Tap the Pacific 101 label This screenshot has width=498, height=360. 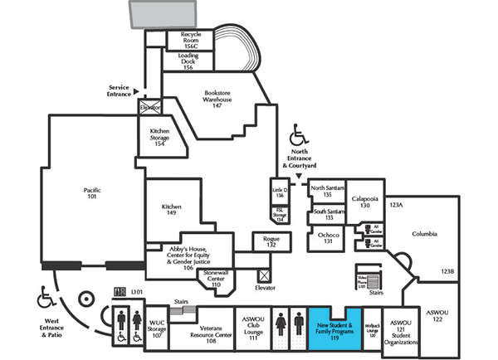click(x=91, y=193)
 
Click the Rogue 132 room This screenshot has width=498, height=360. click(x=271, y=241)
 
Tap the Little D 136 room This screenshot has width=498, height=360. click(x=279, y=192)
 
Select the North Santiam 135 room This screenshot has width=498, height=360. click(x=327, y=191)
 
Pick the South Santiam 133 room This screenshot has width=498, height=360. click(x=327, y=215)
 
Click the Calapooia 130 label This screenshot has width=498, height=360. click(x=364, y=202)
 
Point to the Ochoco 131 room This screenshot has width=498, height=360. click(x=327, y=239)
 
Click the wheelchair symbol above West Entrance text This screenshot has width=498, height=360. click(x=45, y=295)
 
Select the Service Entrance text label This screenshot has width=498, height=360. click(x=120, y=90)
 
